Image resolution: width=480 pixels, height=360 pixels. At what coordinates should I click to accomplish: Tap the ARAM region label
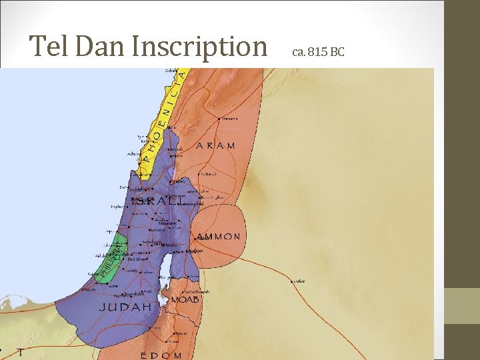tap(215, 145)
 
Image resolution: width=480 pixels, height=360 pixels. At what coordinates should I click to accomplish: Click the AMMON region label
tap(218, 237)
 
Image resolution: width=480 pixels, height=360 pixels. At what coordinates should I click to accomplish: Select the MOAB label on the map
tap(185, 300)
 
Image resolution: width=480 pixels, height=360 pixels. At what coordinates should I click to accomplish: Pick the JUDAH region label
tap(125, 307)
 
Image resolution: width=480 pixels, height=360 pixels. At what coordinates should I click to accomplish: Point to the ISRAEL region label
tap(160, 200)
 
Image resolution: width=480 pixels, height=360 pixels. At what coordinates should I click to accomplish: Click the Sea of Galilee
tap(172, 173)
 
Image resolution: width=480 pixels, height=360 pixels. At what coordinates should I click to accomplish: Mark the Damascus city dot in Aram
tap(220, 118)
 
